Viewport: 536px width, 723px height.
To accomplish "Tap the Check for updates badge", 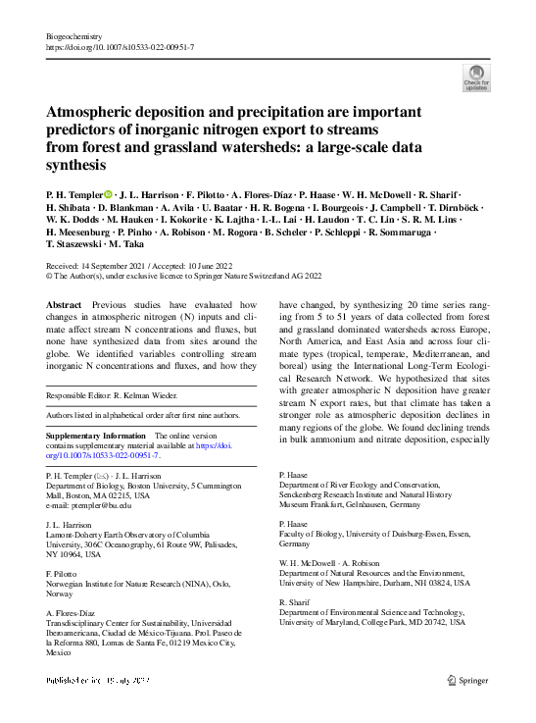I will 476,77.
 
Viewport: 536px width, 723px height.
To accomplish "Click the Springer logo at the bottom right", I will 468,678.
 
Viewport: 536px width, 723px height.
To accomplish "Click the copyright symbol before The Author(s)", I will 50,277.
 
